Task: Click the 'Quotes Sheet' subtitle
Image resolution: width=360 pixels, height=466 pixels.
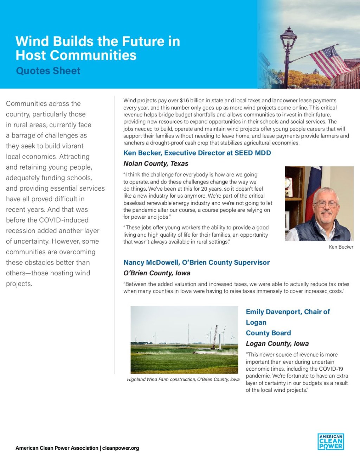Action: click(48, 71)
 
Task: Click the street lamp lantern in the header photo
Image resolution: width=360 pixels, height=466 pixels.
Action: click(288, 39)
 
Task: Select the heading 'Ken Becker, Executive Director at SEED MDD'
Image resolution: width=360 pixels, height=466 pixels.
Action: click(197, 153)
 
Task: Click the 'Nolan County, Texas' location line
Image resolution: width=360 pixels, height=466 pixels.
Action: click(156, 164)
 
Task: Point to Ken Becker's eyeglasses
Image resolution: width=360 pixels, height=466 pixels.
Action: click(326, 204)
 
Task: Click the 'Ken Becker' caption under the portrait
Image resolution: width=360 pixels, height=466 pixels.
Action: click(341, 247)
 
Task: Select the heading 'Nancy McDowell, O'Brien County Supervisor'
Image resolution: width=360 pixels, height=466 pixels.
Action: click(196, 262)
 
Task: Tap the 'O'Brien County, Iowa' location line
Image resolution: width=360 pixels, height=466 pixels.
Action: click(157, 273)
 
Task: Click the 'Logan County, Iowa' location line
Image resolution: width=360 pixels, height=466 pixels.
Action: click(277, 344)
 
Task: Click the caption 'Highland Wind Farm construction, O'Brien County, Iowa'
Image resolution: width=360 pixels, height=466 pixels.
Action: click(183, 379)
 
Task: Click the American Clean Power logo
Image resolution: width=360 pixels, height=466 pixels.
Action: click(330, 442)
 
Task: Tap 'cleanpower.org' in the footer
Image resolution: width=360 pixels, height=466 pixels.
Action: click(121, 448)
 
